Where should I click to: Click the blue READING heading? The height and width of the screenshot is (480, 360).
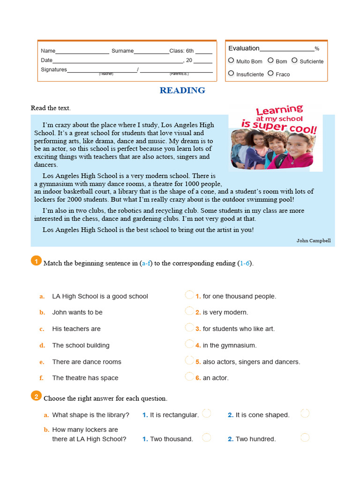[x=182, y=90]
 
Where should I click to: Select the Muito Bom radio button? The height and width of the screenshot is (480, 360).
[x=231, y=60]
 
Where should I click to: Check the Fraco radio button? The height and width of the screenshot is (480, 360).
[x=270, y=74]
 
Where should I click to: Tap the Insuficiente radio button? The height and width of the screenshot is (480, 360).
[x=231, y=74]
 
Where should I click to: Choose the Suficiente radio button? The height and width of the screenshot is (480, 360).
[x=294, y=60]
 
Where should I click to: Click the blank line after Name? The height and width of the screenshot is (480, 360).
[x=82, y=52]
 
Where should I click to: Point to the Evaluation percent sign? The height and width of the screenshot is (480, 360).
[x=317, y=49]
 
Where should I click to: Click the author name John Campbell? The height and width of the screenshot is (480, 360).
[x=314, y=240]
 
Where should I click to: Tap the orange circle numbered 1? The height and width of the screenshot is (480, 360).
[x=36, y=261]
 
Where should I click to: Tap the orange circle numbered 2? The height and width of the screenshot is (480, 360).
[x=36, y=397]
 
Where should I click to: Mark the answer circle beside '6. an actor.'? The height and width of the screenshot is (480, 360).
[x=189, y=376]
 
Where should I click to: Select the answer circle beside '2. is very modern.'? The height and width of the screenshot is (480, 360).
[x=189, y=311]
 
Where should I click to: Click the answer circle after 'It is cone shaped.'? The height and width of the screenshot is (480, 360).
[x=305, y=413]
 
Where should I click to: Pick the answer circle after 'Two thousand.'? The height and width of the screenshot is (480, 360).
[x=207, y=437]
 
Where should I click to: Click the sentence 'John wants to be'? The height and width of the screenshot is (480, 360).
[x=77, y=312]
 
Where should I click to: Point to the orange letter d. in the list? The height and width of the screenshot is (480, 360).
[x=42, y=345]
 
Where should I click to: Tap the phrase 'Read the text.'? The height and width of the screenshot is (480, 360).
[x=51, y=108]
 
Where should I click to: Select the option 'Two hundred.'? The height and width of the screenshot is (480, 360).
[x=255, y=439]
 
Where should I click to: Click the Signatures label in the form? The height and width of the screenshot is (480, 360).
[x=54, y=69]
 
